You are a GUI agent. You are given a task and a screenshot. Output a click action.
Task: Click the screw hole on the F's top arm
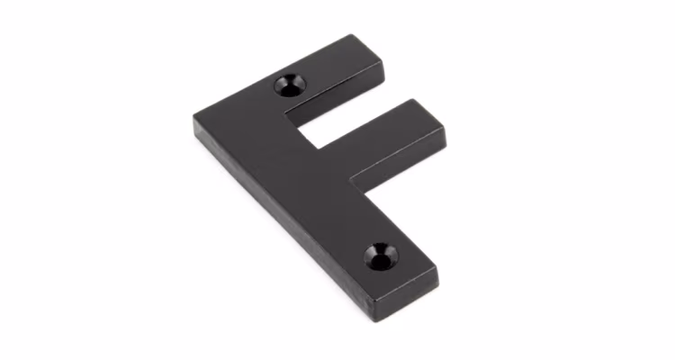290,85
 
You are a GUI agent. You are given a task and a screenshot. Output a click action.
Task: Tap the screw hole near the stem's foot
381,256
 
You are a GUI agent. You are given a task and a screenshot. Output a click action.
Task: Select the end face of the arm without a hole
444,144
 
